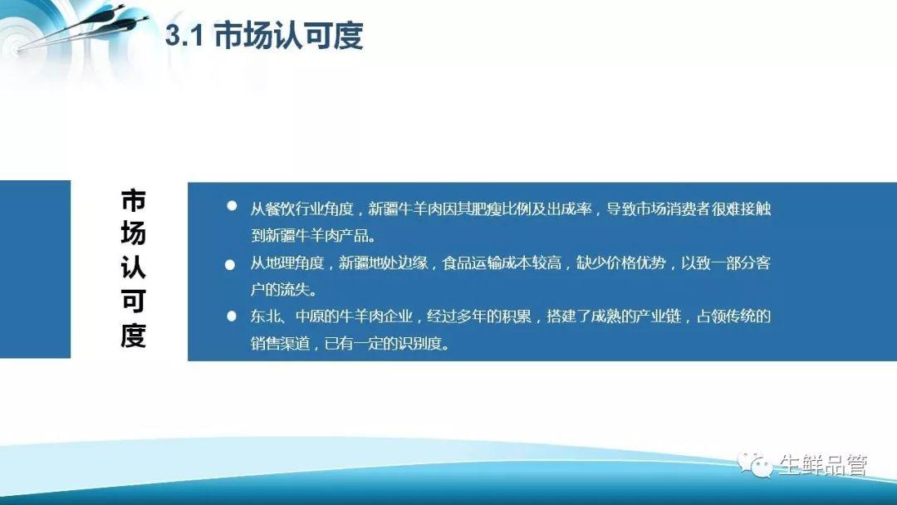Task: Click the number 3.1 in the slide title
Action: coord(184,37)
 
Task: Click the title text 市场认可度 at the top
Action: coord(288,36)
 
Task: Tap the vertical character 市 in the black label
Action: coord(133,200)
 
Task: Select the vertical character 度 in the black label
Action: coord(133,335)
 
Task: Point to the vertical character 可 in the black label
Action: coord(133,302)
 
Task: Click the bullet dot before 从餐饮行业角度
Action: coord(232,205)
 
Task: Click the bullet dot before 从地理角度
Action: coord(230,265)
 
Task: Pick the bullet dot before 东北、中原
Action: coord(232,316)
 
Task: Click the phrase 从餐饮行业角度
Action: coord(301,208)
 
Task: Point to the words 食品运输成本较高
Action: coord(501,263)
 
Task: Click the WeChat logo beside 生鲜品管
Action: coord(756,465)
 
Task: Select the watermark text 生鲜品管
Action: coord(822,465)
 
